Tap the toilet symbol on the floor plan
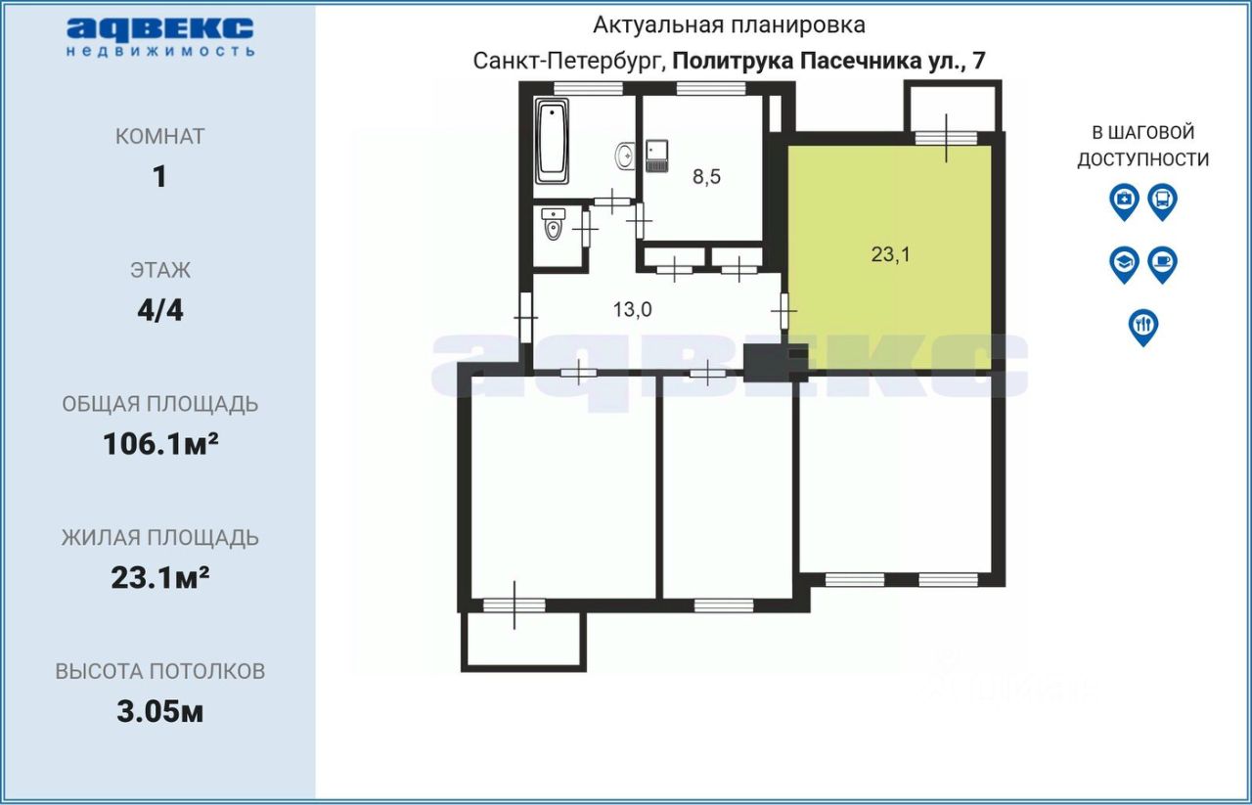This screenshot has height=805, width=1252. click(x=553, y=227)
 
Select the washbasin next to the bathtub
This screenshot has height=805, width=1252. click(x=624, y=155)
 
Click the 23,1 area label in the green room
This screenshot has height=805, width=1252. click(x=890, y=254)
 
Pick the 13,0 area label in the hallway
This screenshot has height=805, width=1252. click(x=632, y=310)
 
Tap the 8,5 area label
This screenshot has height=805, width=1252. click(x=706, y=176)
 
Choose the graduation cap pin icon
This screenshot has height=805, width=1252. click(x=1125, y=264)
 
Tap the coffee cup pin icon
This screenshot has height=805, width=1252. click(x=1162, y=264)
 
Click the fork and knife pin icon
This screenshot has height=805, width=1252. click(x=1143, y=326)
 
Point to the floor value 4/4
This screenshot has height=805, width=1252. click(x=160, y=311)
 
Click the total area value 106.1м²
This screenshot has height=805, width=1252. click(x=160, y=444)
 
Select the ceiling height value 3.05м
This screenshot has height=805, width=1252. click(x=160, y=711)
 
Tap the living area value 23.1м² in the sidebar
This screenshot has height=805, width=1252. click(x=160, y=578)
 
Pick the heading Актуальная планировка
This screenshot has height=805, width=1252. click(x=729, y=24)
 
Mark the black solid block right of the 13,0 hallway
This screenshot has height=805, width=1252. click(x=764, y=363)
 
